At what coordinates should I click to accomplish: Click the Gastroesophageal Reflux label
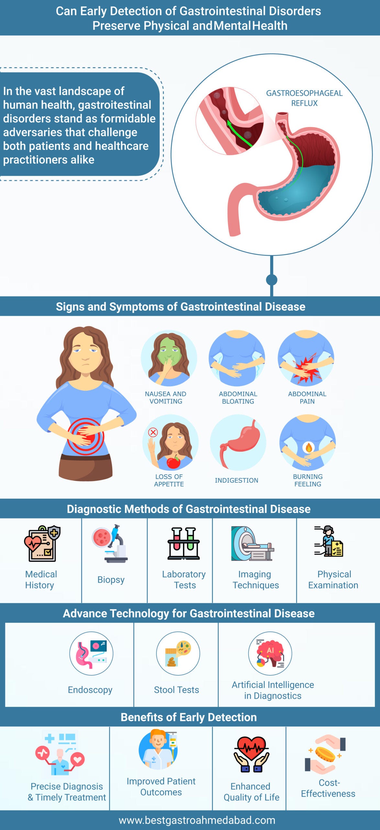tap(304, 98)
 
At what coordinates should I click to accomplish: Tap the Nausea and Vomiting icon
tap(169, 358)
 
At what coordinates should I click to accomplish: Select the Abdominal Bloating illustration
tap(237, 358)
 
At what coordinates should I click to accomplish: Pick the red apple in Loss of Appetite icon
tap(173, 461)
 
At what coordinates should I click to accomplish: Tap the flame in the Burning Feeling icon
tap(308, 448)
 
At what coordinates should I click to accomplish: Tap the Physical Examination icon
tap(329, 541)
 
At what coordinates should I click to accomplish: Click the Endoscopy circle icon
tap(91, 653)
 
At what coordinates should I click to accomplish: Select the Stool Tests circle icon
tap(178, 653)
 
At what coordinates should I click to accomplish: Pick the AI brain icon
tap(270, 653)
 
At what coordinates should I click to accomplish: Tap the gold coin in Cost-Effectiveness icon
tap(325, 754)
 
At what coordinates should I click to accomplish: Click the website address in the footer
tap(197, 820)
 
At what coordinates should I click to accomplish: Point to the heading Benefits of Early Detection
tap(189, 717)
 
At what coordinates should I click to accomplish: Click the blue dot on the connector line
tap(272, 280)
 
